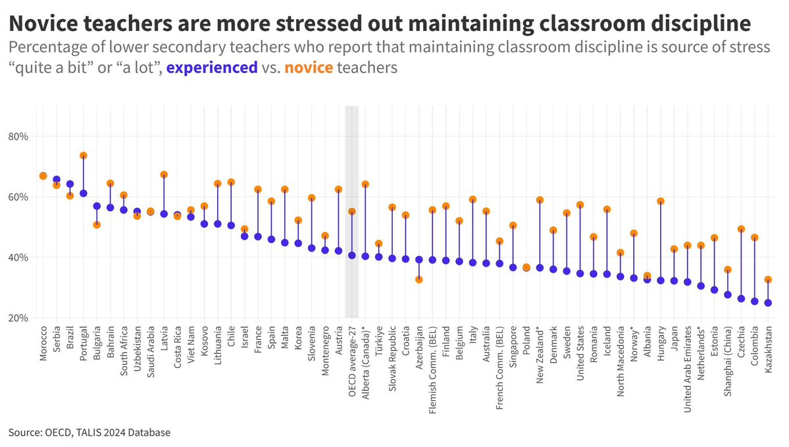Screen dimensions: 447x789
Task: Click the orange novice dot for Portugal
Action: click(x=84, y=156)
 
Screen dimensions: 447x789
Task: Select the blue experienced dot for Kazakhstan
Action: click(x=768, y=303)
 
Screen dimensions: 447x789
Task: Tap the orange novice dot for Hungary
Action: click(x=661, y=201)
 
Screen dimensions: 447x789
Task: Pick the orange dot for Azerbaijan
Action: click(x=419, y=280)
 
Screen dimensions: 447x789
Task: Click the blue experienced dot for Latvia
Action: click(x=164, y=214)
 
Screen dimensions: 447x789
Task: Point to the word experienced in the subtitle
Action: click(x=212, y=68)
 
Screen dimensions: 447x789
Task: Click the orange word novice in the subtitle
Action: click(x=309, y=68)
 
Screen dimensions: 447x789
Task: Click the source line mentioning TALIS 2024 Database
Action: click(x=89, y=433)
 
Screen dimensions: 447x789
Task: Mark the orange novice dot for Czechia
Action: click(x=741, y=230)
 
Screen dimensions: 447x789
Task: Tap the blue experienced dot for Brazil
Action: click(x=70, y=184)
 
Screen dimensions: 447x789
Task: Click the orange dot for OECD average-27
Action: click(x=352, y=212)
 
